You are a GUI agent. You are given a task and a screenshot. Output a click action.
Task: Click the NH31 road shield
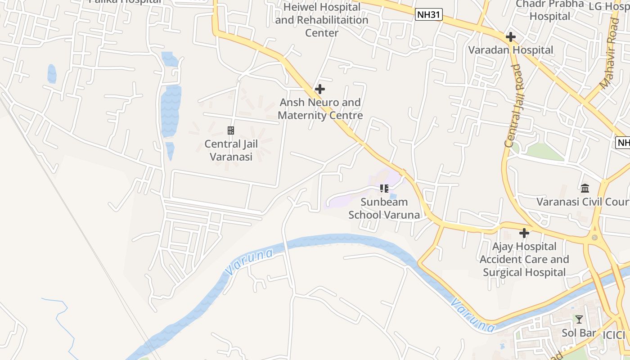click(x=428, y=15)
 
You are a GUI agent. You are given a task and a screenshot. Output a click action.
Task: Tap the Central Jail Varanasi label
click(x=229, y=150)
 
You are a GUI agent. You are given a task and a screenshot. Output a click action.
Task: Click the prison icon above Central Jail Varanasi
click(x=230, y=130)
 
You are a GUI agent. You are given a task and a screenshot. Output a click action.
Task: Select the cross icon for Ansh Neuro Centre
click(x=320, y=89)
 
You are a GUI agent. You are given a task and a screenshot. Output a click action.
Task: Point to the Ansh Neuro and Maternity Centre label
click(x=320, y=109)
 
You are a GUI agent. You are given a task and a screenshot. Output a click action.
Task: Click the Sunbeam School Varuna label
click(x=384, y=208)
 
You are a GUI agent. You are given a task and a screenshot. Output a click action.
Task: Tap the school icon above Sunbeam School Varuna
click(x=384, y=188)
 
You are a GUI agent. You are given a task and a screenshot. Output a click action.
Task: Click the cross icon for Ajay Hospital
click(x=524, y=233)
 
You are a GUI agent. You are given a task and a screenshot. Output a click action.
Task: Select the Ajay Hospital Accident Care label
click(x=524, y=259)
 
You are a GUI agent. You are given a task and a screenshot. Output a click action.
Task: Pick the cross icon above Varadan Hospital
click(x=510, y=37)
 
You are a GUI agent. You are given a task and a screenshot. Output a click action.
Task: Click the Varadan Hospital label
click(x=511, y=50)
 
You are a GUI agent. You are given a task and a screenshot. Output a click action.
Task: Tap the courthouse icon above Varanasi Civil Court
click(x=585, y=188)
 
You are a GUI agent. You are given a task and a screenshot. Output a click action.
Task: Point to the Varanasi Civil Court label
click(x=583, y=202)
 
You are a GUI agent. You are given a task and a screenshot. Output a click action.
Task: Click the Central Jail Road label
click(x=513, y=106)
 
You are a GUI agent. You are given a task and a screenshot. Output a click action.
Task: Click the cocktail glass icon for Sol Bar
click(x=579, y=319)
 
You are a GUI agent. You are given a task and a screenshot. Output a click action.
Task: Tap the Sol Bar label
click(x=579, y=333)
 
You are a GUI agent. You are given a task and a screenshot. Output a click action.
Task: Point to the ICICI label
click(x=614, y=335)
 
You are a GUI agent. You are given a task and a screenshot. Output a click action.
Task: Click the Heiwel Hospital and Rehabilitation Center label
click(x=322, y=20)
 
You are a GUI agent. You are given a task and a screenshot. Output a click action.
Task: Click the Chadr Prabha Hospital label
click(x=550, y=10)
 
